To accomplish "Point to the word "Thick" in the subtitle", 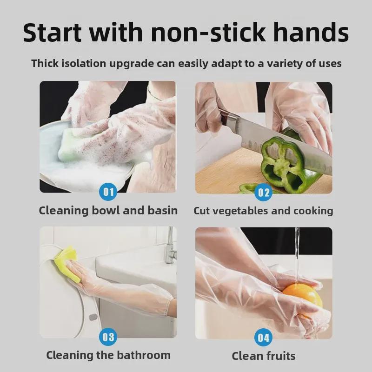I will [45, 63].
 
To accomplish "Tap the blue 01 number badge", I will [108, 192].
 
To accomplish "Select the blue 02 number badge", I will [264, 192].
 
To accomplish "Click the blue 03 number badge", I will [108, 336].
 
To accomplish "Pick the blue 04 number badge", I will [264, 337].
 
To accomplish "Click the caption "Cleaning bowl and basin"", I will [108, 211].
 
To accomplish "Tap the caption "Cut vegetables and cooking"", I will [263, 211].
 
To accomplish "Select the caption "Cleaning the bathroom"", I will [108, 356].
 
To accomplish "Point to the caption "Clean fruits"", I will [264, 356].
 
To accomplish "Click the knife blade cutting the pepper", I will [279, 139].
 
